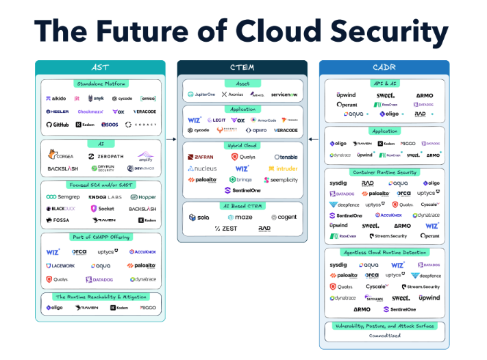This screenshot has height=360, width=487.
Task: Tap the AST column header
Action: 100,67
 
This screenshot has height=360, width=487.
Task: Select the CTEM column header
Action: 242,67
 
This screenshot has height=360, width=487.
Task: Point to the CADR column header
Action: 385,67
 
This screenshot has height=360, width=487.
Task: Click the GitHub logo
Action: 58,125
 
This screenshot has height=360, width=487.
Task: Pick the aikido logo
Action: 55,99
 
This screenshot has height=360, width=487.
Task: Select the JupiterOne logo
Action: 201,94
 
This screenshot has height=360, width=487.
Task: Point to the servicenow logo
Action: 284,94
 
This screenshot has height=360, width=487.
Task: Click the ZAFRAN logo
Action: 200,157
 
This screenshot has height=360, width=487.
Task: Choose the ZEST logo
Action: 226,229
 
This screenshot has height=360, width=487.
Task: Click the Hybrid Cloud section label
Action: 242,145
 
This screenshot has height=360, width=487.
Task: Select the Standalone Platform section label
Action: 100,83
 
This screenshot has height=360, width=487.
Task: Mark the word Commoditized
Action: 384,336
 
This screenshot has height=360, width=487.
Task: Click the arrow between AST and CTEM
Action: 171,140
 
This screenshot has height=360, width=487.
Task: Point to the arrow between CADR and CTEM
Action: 314,140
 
